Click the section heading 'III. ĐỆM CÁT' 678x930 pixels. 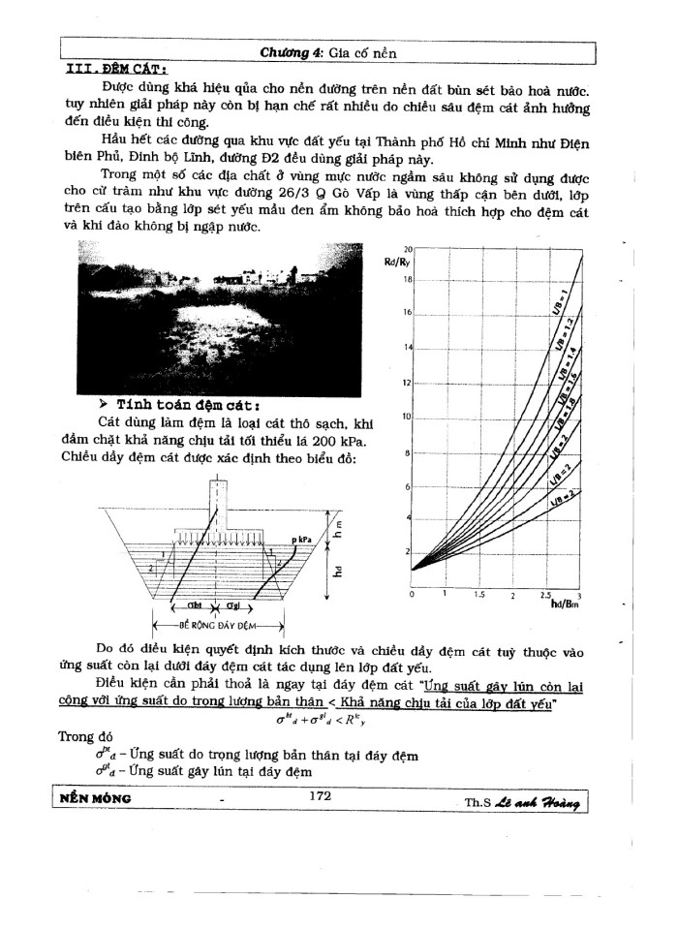[x=115, y=69]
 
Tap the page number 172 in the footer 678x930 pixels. [x=320, y=795]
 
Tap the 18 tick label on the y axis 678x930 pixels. [x=408, y=278]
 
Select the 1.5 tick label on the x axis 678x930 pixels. [x=478, y=594]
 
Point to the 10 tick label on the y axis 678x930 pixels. [x=408, y=417]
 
